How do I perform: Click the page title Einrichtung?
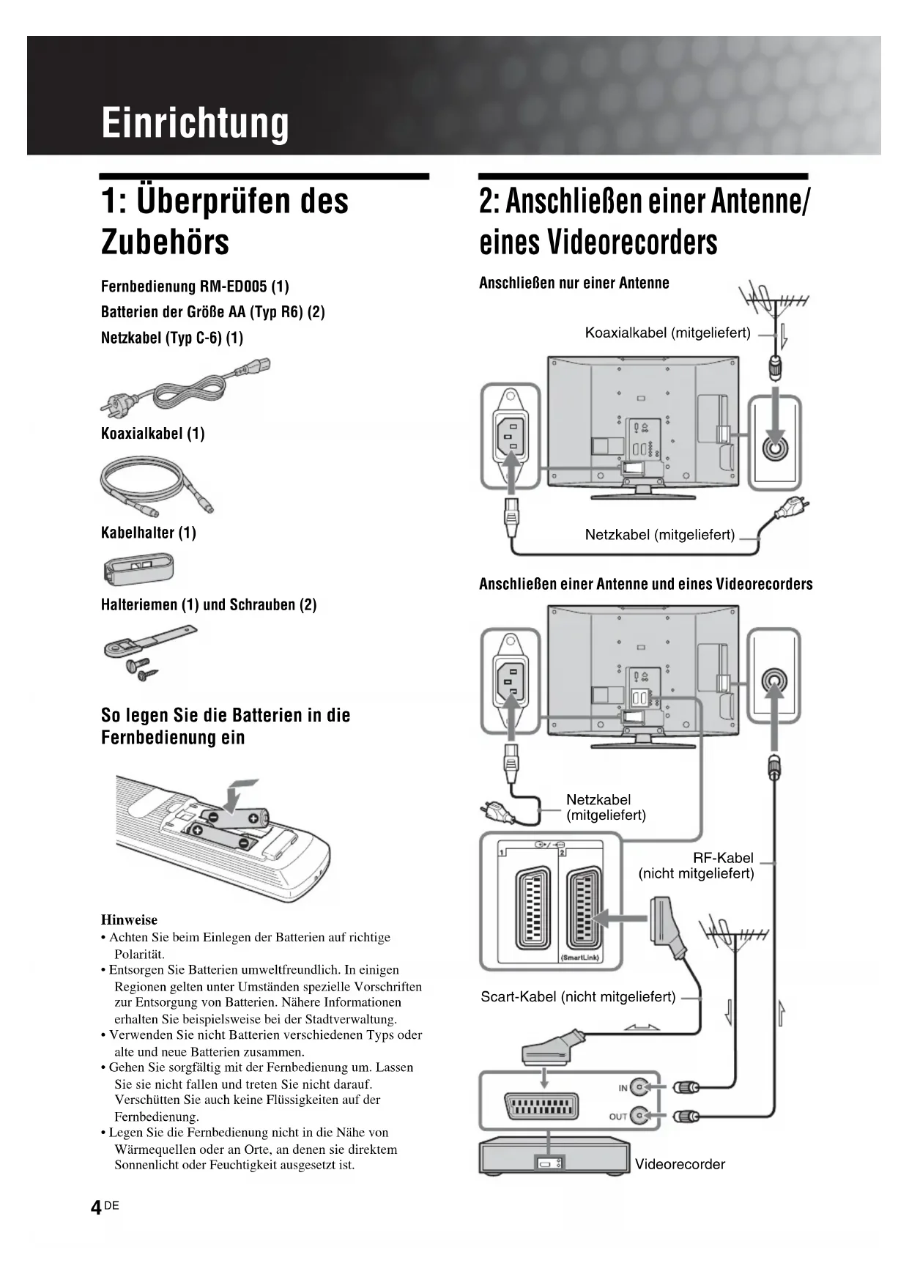pos(195,122)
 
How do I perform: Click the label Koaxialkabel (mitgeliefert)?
pos(667,333)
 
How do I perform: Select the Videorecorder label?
pos(679,1164)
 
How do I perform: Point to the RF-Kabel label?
pos(723,858)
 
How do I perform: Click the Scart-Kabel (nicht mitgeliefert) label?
pos(578,997)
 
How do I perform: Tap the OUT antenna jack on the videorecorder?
pos(641,1116)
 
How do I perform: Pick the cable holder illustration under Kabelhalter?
pos(139,569)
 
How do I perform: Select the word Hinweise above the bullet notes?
pos(129,920)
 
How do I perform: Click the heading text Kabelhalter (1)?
pos(149,533)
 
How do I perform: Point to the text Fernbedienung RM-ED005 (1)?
pos(195,286)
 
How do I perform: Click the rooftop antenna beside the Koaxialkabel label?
pos(773,300)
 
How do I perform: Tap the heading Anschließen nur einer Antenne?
pos(574,284)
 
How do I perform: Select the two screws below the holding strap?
pos(141,670)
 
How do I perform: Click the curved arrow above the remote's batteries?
pos(237,794)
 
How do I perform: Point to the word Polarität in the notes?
pos(139,954)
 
